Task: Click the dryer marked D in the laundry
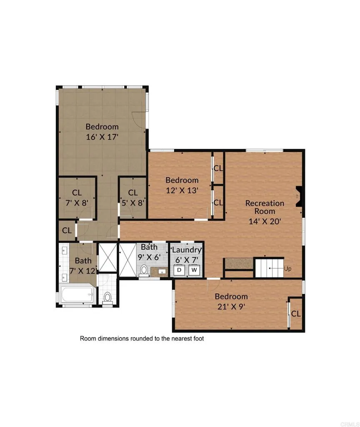pyautogui.click(x=180, y=270)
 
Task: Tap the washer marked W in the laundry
pyautogui.click(x=194, y=270)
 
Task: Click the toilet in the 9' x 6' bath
pyautogui.click(x=144, y=270)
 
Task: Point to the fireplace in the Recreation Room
pyautogui.click(x=298, y=196)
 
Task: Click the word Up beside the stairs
pyautogui.click(x=287, y=269)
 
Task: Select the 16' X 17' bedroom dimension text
pyautogui.click(x=102, y=136)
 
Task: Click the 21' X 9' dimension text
pyautogui.click(x=231, y=306)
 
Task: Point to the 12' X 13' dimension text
pyautogui.click(x=182, y=190)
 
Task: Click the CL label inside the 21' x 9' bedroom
pyautogui.click(x=296, y=314)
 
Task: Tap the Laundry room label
pyautogui.click(x=187, y=250)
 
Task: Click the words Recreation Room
pyautogui.click(x=265, y=207)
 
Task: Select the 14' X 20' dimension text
pyautogui.click(x=265, y=221)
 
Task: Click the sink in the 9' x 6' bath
pyautogui.click(x=162, y=271)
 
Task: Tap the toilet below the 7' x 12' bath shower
pyautogui.click(x=108, y=298)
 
